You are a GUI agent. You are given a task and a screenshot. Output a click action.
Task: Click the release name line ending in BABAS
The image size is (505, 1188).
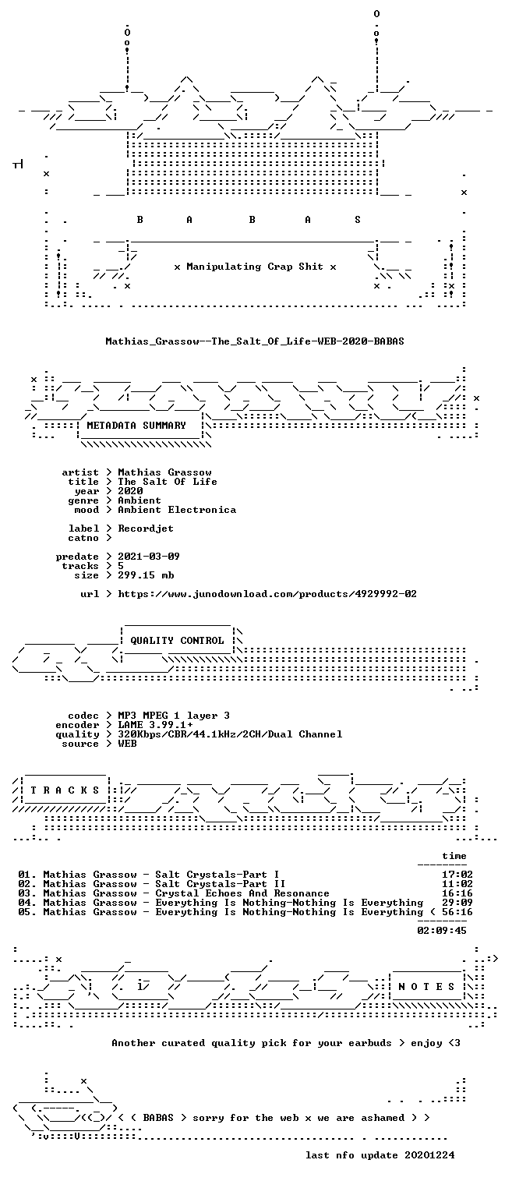255,341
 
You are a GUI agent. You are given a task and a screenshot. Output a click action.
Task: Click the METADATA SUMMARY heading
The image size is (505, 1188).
136,426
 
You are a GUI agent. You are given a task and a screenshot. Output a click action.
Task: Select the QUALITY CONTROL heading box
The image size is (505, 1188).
177,641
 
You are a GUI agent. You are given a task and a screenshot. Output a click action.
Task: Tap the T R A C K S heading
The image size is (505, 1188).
65,790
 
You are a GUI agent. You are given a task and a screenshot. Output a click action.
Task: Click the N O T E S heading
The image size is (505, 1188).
426,986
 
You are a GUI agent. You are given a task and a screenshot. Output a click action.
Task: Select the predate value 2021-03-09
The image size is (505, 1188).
149,557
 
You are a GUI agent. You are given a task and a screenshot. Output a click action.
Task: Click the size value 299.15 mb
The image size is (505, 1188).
146,575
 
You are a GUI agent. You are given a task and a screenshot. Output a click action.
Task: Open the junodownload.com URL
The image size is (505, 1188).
267,594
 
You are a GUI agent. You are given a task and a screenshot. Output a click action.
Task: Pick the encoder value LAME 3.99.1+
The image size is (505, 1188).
155,725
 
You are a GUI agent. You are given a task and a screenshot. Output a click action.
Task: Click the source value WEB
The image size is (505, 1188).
127,744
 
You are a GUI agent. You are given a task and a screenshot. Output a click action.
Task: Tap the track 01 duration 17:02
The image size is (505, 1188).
457,875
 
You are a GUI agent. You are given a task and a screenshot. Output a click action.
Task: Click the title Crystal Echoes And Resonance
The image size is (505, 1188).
242,893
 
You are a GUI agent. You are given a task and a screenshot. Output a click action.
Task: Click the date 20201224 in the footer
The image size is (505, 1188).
429,1155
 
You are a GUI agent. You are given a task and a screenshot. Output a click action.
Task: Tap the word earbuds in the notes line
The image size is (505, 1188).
370,1043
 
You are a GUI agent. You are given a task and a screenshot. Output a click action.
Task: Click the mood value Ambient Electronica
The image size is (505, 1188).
177,511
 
